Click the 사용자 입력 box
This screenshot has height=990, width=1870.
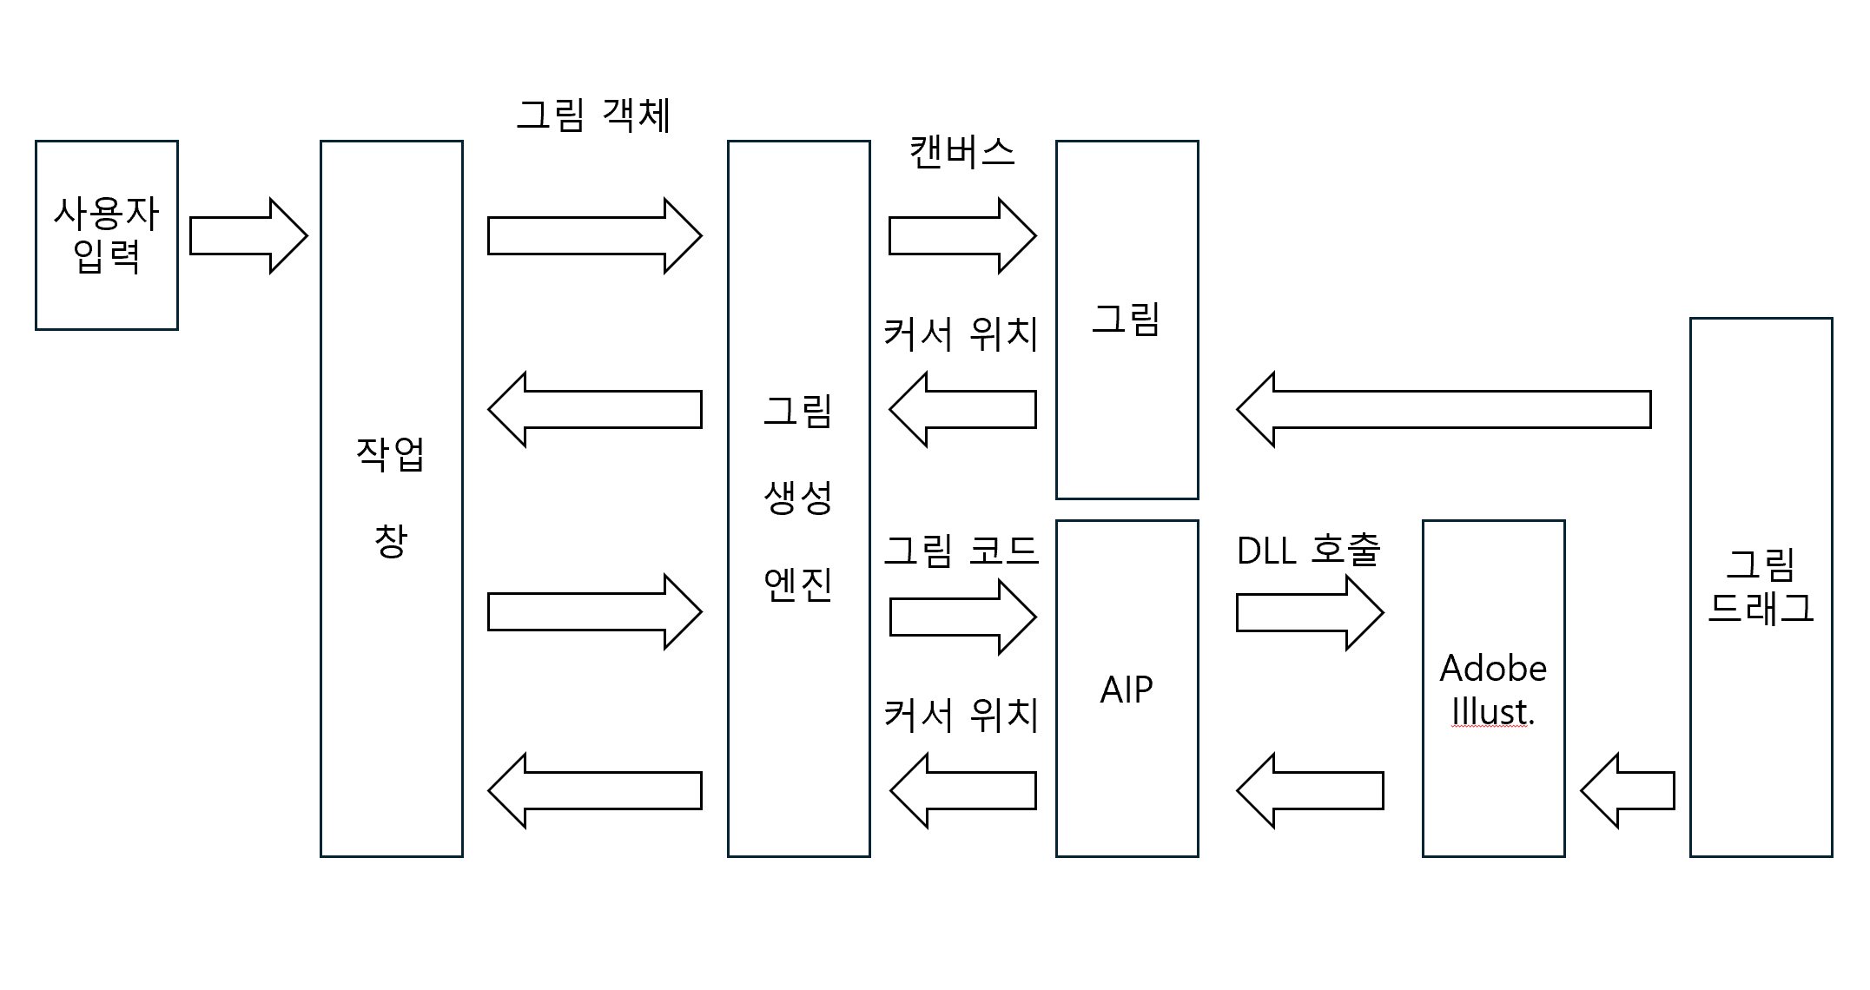tap(107, 234)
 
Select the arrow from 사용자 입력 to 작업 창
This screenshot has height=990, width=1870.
tap(248, 235)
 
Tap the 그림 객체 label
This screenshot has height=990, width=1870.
tap(593, 115)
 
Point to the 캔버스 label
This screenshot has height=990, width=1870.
tap(961, 152)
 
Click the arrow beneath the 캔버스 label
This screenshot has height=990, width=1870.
tap(962, 235)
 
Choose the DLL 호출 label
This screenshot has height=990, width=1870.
tap(1308, 549)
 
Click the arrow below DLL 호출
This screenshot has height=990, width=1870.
tap(1309, 612)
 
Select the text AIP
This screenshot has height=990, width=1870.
tap(1127, 690)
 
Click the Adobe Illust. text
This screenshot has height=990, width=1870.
tap(1493, 690)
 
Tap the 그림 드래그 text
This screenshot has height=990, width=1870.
tap(1761, 586)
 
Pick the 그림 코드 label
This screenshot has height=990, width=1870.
tap(961, 550)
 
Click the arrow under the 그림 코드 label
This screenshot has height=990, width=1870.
tap(962, 617)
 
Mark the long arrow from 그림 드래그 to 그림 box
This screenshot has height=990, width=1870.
tap(1443, 409)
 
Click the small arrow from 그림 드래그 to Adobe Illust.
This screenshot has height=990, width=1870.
tap(1627, 790)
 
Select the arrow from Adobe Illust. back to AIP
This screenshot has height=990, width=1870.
tap(1309, 790)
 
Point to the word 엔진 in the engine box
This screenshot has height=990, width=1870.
tap(798, 584)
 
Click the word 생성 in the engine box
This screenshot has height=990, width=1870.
tap(798, 498)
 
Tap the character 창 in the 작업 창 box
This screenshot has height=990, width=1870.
tap(391, 540)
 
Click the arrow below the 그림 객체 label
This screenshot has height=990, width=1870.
tap(594, 235)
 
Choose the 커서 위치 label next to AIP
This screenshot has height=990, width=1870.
tap(961, 715)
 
